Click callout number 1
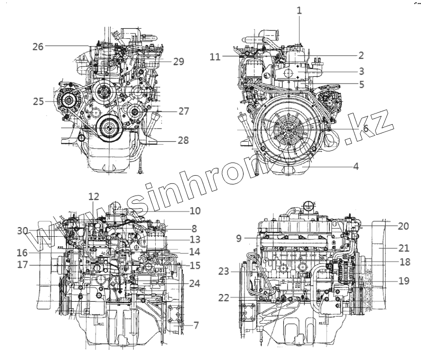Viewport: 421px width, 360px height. (300, 10)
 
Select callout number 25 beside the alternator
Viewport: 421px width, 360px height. (39, 102)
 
